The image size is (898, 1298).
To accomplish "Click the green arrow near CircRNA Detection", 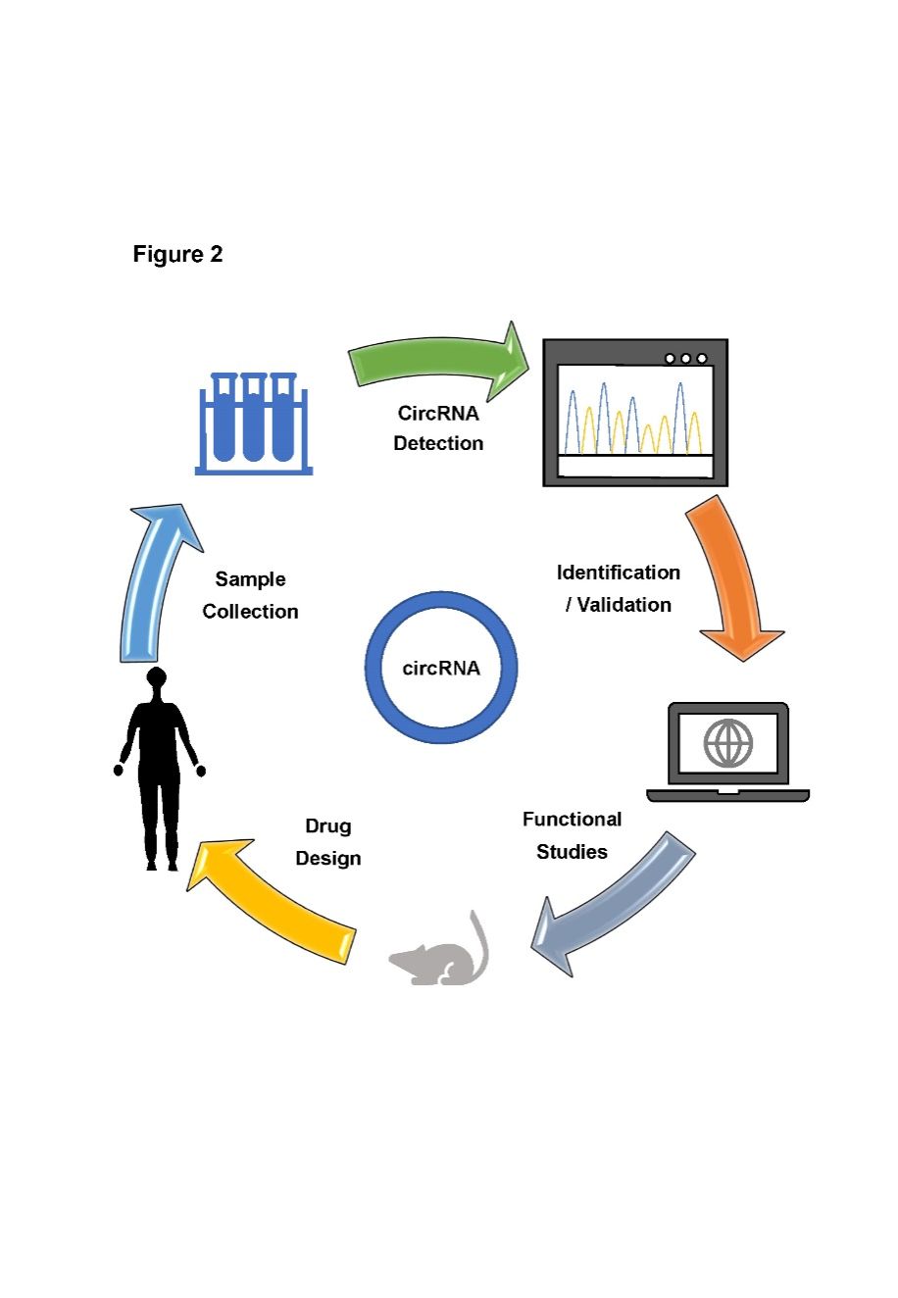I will [436, 363].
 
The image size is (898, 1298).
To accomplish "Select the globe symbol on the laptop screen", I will [727, 742].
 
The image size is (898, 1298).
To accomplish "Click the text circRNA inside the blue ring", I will [441, 669].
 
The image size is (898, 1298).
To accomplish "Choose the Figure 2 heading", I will [177, 255].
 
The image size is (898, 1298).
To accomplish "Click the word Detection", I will [438, 443].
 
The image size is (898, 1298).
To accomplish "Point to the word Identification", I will [618, 573].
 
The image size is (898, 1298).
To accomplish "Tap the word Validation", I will [624, 605].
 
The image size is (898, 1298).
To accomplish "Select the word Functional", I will [572, 820].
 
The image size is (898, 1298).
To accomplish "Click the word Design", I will [328, 859].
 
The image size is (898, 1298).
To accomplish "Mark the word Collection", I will [250, 612].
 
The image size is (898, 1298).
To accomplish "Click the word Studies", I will [572, 852].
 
